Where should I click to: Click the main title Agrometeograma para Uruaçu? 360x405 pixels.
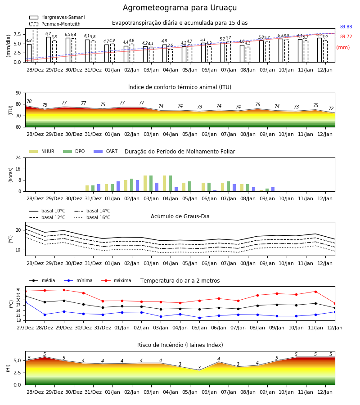coord(180,8)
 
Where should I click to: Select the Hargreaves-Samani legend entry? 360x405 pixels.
coord(57,17)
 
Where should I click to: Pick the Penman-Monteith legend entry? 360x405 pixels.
coord(55,24)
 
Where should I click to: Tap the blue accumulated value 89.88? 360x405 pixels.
coord(346,27)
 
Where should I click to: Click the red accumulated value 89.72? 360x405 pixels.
coord(346,37)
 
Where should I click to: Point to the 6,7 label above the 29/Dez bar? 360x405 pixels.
coord(48,34)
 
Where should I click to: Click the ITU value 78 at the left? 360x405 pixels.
coord(29,102)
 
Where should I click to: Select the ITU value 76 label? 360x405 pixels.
coord(257,104)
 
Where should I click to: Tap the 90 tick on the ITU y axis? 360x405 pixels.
coord(18,93)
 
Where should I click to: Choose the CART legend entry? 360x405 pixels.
coord(106,151)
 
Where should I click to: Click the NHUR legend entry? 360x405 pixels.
coord(42,151)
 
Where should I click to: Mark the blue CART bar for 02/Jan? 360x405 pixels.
coord(137,186)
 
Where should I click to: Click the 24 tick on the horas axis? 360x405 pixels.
coord(18,157)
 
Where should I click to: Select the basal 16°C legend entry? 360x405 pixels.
coord(92,217)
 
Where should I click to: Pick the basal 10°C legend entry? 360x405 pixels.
coord(47,211)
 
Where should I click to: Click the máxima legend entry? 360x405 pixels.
coord(116,280)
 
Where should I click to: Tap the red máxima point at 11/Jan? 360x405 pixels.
coord(315,292)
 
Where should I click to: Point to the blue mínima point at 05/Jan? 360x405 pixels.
coord(200,318)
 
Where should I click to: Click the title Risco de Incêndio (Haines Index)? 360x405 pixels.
coord(180,345)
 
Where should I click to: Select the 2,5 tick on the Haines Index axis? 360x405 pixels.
coord(17,373)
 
